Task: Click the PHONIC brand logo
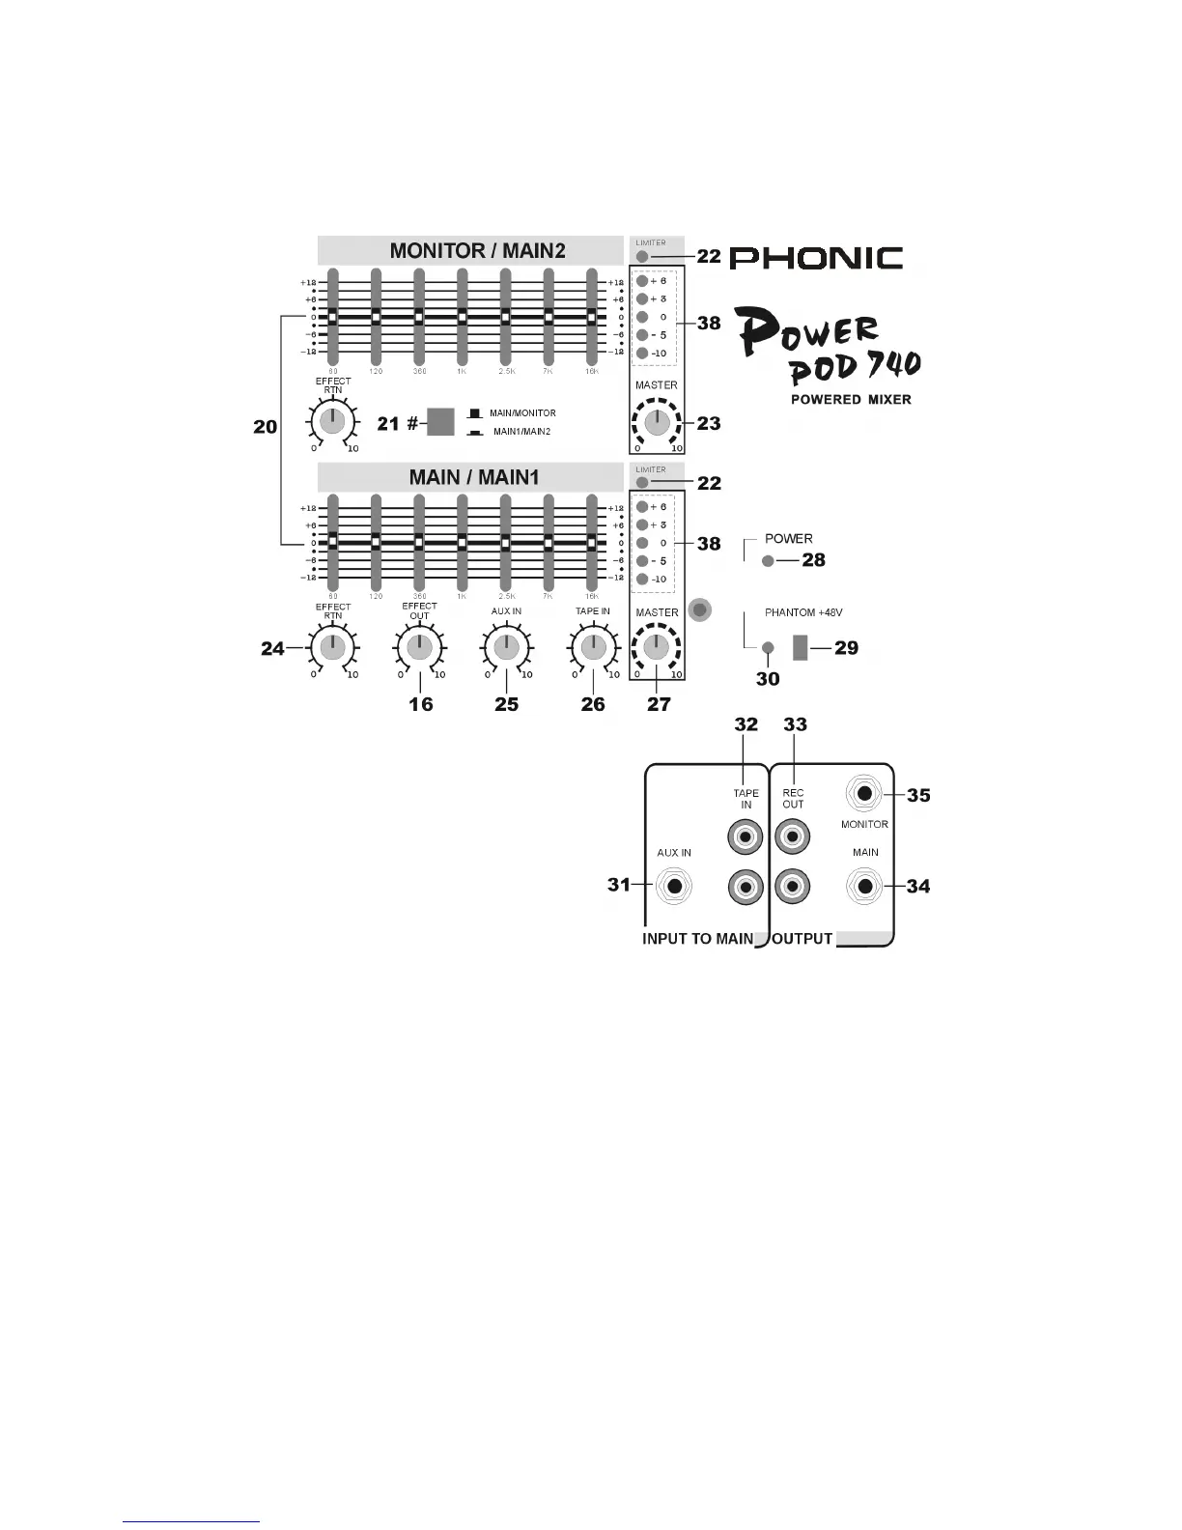tap(816, 258)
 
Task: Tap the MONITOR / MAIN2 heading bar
tap(477, 250)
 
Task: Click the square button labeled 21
tap(440, 421)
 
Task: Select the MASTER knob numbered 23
tap(657, 422)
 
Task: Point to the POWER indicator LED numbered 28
tap(768, 561)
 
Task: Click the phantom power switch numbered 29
tap(800, 647)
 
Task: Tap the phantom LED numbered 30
tap(768, 647)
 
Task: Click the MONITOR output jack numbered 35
tap(864, 794)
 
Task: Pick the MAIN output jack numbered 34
tap(864, 886)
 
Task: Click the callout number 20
tap(266, 426)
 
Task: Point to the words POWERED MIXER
tap(851, 399)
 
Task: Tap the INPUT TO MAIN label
tap(697, 938)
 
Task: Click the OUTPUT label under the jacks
tap(802, 938)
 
